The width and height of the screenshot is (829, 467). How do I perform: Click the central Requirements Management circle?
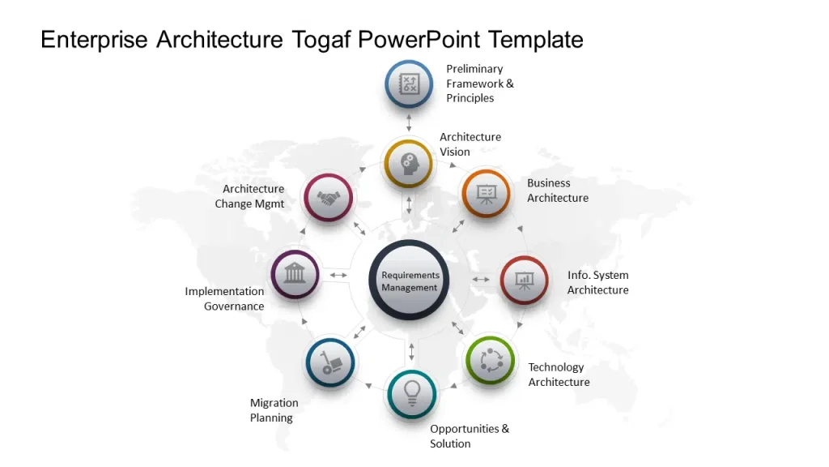pos(409,281)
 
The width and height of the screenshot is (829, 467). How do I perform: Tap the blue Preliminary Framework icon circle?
pos(409,84)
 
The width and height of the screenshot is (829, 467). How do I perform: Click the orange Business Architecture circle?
pos(486,194)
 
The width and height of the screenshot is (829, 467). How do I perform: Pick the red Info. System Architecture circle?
pos(524,280)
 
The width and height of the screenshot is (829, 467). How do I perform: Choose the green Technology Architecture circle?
pos(490,360)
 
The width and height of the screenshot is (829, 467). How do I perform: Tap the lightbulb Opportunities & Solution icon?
pos(411,393)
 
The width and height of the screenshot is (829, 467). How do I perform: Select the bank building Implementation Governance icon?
pos(295,274)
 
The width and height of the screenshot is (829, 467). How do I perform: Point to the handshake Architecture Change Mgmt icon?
pos(328,197)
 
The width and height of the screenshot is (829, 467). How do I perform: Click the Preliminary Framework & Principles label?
pos(480,84)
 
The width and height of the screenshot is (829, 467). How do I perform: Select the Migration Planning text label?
pos(274,410)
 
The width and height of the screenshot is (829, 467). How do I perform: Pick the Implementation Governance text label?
pos(224,298)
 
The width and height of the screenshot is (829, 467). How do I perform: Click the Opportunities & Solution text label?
pos(470,436)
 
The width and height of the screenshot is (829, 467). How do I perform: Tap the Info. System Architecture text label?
pos(597,282)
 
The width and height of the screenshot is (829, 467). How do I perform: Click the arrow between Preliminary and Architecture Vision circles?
pos(409,123)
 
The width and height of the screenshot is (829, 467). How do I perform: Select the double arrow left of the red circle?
pos(481,280)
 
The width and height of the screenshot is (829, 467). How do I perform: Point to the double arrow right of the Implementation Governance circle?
pos(338,276)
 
